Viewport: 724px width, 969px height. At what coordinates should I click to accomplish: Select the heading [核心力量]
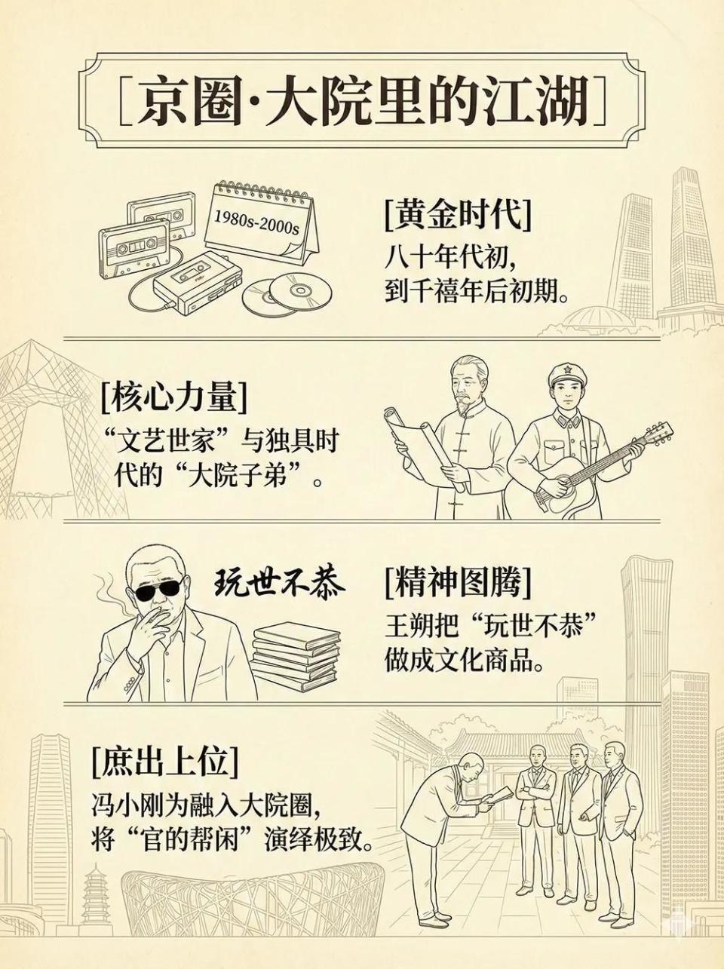click(173, 397)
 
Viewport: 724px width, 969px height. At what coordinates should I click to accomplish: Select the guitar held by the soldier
click(596, 468)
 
